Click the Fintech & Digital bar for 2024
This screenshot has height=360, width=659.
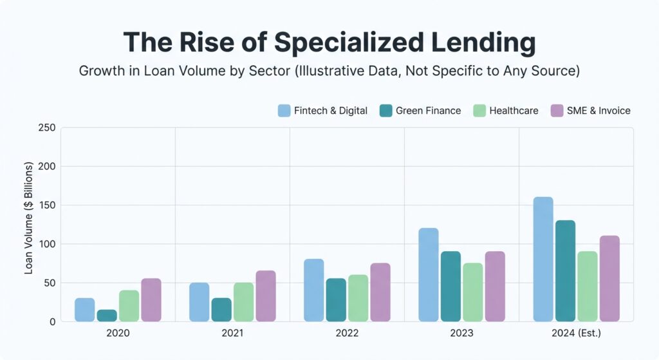543,259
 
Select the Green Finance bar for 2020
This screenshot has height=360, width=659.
107,316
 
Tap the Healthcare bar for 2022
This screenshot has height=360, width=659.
358,298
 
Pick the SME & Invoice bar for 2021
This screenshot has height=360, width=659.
266,296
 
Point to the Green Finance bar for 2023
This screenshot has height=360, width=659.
450,287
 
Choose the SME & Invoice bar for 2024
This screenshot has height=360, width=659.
609,279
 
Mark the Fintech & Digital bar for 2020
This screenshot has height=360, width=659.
85,310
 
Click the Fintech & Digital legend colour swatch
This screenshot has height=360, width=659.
284,111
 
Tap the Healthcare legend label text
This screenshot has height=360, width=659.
514,111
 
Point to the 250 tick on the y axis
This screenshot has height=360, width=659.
47,128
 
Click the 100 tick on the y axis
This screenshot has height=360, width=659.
47,244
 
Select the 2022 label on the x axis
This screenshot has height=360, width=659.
347,334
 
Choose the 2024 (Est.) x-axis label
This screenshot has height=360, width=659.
576,334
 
